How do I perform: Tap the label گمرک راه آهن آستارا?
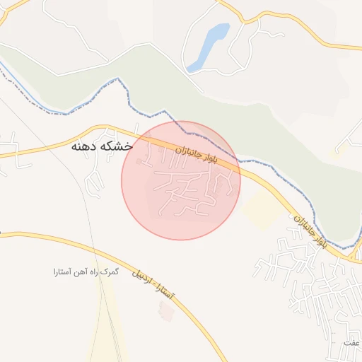(x=86, y=271)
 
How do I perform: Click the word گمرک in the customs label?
(x=110, y=271)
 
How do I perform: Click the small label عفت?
(x=351, y=343)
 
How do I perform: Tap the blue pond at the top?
(x=210, y=44)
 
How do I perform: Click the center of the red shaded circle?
(x=181, y=180)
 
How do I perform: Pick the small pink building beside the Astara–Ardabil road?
(x=165, y=310)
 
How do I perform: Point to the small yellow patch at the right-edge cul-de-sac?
(x=333, y=150)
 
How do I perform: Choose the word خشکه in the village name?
(x=117, y=147)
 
